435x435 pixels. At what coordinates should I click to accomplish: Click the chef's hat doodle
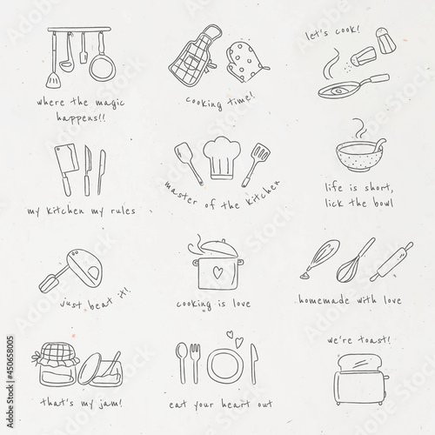point(222,158)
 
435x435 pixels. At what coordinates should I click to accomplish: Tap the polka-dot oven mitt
point(246,62)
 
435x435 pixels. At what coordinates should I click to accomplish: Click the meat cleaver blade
point(67,159)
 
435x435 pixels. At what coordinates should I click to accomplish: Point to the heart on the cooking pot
point(217,272)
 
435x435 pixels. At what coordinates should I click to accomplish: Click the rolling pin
point(391,262)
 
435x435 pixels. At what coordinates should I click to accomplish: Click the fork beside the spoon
point(195,363)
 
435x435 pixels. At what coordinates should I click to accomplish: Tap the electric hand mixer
point(71,270)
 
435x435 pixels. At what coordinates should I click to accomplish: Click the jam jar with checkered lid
point(56,365)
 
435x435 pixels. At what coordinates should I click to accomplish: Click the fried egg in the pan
point(338,91)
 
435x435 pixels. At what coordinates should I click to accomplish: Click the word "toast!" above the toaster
point(374,339)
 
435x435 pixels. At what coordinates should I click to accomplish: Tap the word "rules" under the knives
point(123,211)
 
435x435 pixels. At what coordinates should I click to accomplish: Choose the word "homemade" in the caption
point(324,299)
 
